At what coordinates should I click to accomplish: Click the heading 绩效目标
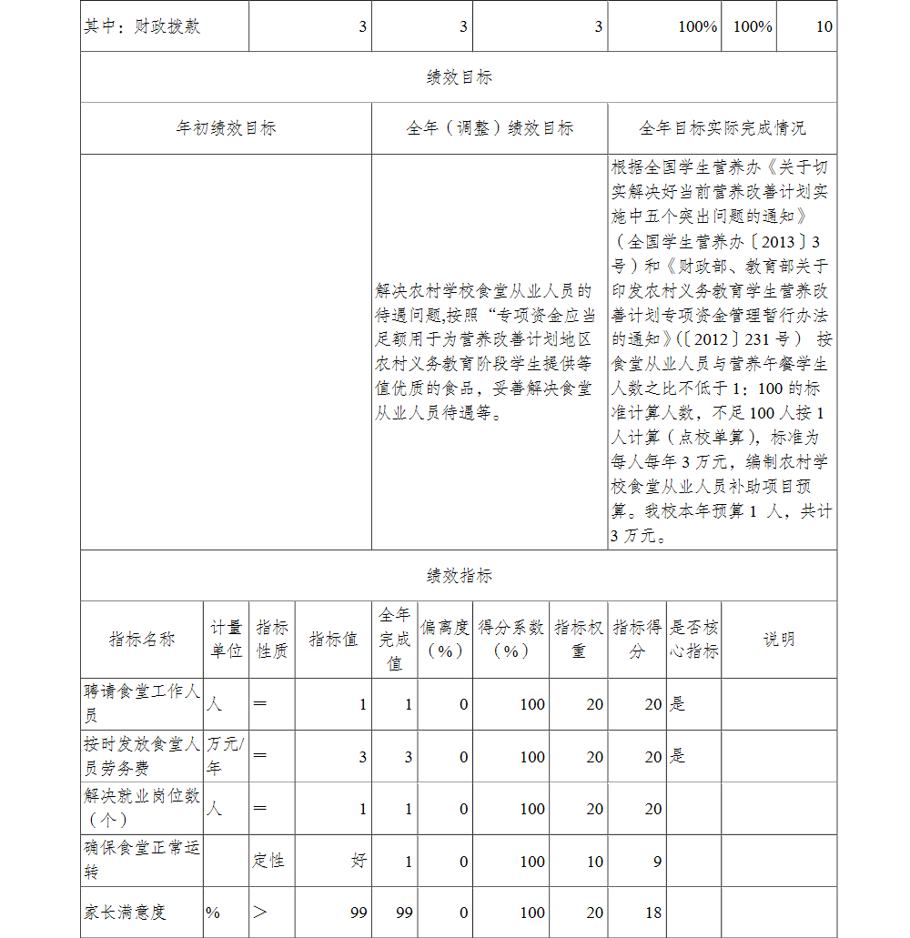(x=459, y=78)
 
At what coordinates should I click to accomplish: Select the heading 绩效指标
(x=459, y=576)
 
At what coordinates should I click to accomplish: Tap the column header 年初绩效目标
(x=226, y=129)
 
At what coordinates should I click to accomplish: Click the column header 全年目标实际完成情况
(x=722, y=129)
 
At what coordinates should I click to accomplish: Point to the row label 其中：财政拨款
(x=142, y=26)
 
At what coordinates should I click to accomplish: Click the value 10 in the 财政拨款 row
(x=824, y=26)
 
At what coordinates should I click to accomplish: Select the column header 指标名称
(x=142, y=640)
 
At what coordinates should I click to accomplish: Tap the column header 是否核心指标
(x=694, y=640)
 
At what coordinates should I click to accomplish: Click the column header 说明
(x=779, y=640)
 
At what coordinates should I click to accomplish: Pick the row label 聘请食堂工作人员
(x=142, y=703)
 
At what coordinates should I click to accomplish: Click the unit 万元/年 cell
(x=225, y=755)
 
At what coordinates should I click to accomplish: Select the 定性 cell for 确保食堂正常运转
(x=268, y=861)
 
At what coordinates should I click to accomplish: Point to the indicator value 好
(x=359, y=861)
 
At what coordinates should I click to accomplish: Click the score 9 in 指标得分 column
(x=657, y=862)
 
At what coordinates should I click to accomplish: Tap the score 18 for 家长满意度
(x=652, y=913)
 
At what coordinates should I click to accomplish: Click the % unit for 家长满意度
(x=213, y=913)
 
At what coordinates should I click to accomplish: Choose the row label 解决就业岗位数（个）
(x=142, y=807)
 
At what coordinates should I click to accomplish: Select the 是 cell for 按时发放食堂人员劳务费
(x=678, y=756)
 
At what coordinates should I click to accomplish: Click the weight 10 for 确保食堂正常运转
(x=594, y=862)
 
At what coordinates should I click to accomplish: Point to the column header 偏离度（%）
(x=445, y=640)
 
